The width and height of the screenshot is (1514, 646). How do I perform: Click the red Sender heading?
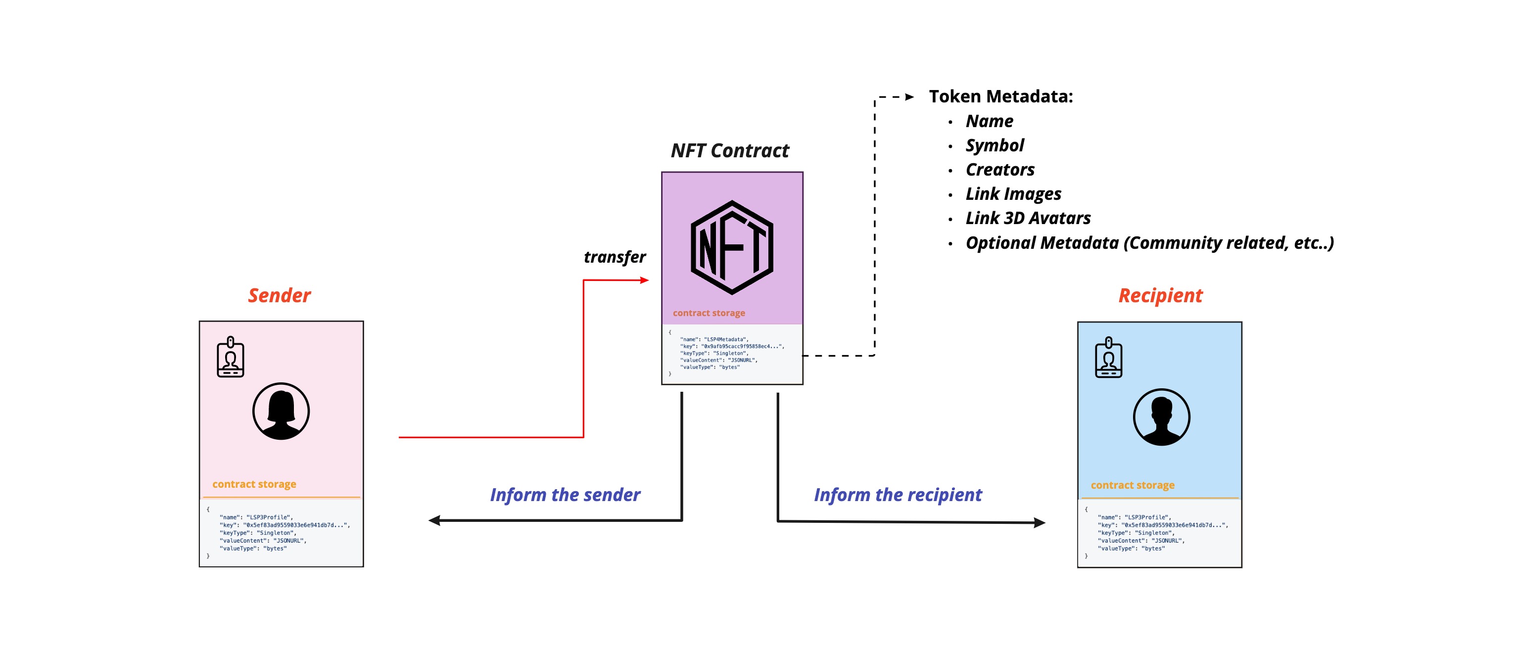point(279,295)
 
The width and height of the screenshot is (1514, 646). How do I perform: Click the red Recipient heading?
point(1160,295)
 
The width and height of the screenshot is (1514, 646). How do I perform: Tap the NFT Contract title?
point(729,150)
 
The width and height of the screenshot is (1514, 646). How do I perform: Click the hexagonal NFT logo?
point(732,247)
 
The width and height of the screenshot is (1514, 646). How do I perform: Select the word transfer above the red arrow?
point(614,257)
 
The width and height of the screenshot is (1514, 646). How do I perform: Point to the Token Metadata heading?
point(1000,96)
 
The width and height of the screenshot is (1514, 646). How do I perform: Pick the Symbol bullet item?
point(994,145)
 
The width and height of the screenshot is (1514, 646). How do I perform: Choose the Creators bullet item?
point(1000,169)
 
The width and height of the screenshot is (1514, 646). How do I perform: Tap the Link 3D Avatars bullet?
point(1028,218)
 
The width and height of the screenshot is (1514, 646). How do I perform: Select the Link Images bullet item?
point(1013,193)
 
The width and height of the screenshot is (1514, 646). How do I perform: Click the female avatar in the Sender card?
point(281,411)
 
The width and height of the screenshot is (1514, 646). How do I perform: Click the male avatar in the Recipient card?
point(1161,417)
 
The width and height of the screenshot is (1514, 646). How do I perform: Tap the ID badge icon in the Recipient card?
point(1108,358)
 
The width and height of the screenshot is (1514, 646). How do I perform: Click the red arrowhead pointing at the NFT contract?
point(645,280)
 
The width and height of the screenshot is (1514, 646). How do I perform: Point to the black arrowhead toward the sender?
point(434,520)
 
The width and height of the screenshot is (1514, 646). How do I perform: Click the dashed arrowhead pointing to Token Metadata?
point(909,97)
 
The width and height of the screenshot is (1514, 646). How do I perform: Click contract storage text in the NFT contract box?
point(709,313)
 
